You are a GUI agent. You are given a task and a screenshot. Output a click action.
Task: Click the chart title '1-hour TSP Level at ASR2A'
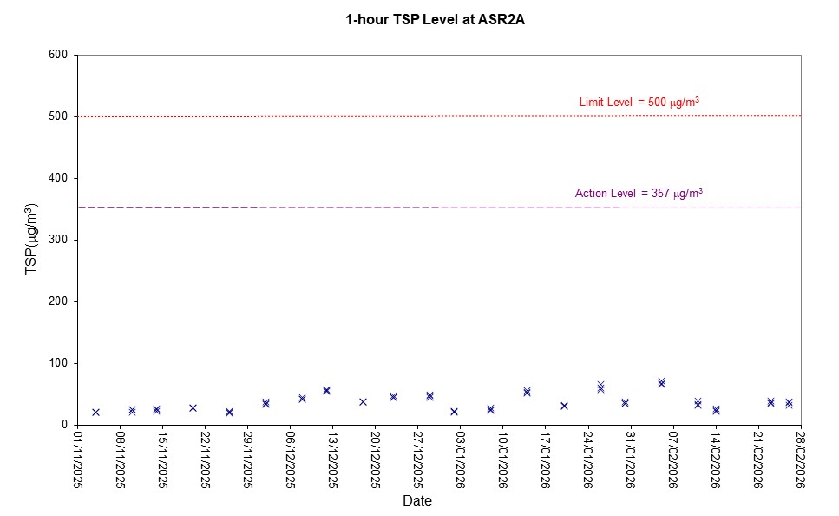point(423,19)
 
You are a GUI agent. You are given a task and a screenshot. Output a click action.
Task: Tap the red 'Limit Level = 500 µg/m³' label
point(639,103)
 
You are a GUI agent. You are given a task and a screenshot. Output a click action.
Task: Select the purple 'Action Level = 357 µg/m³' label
point(638,193)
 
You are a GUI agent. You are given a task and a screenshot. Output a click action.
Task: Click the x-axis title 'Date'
point(416,501)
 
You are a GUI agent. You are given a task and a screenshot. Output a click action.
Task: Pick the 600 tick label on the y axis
point(59,55)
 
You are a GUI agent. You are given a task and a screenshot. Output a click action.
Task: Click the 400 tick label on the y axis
point(59,178)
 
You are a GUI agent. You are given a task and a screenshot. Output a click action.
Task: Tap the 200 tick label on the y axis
point(59,301)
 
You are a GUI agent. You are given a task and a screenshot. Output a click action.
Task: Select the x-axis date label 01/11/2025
point(78,460)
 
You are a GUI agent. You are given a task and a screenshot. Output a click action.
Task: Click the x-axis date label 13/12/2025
point(333,460)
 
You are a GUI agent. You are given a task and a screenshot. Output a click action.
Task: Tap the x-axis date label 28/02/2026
point(801,460)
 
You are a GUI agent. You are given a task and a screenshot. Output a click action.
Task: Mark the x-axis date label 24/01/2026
point(588,460)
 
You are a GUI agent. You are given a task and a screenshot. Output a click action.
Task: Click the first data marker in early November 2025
point(95,413)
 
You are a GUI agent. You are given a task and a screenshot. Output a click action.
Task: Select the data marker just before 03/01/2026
point(454,412)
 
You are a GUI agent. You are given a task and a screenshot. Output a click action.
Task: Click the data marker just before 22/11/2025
point(193,407)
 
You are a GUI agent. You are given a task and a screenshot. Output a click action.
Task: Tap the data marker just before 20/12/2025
point(363,401)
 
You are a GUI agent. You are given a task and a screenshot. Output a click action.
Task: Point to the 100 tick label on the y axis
point(59,363)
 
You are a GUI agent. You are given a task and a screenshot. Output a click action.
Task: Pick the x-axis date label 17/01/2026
point(546,460)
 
